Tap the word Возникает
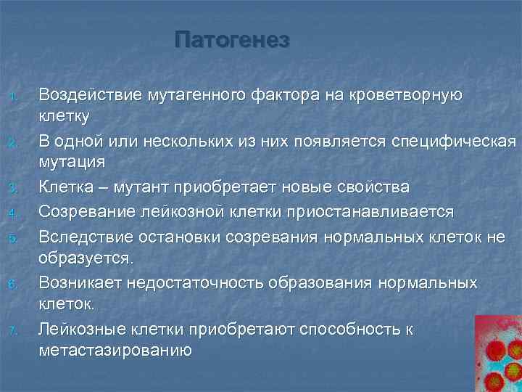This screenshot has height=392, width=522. point(80,282)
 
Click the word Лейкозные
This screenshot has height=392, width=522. point(83,330)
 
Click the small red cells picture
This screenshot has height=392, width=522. point(497,353)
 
